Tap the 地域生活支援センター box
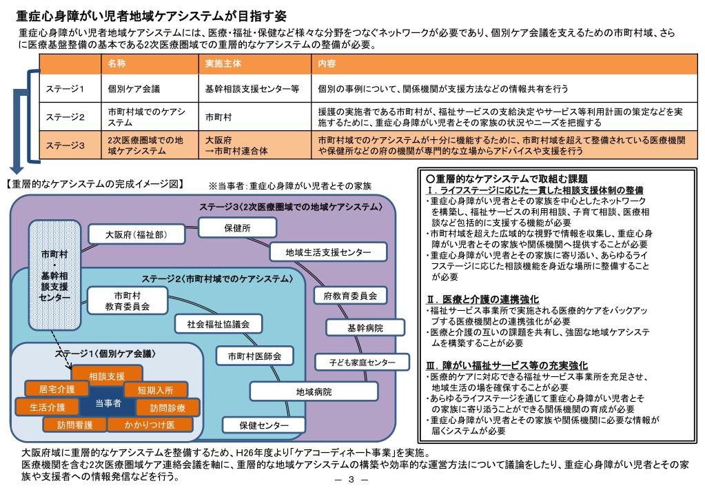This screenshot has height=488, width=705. [328, 252]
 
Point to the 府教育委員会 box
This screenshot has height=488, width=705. [350, 296]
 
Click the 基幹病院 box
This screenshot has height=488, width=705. [365, 327]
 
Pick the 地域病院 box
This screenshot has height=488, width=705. [314, 392]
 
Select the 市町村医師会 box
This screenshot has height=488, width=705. [254, 356]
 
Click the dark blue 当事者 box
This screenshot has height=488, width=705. [108, 403]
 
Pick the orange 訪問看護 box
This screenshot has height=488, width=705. [75, 425]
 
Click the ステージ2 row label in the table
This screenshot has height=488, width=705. [65, 116]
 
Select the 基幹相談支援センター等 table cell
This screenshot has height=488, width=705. [252, 89]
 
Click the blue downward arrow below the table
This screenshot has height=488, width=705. [17, 165]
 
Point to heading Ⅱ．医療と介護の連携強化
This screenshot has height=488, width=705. [482, 299]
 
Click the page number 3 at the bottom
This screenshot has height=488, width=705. [351, 480]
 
